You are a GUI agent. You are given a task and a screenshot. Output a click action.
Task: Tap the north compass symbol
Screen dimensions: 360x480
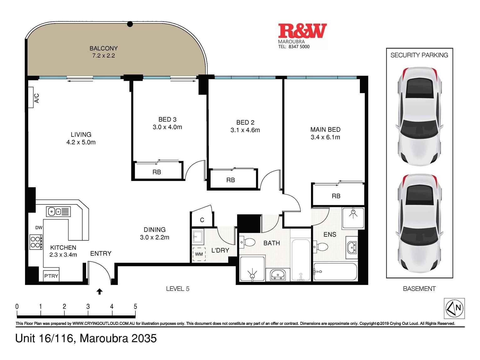click(x=454, y=308)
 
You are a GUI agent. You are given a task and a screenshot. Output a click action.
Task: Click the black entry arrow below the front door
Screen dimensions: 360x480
click(x=100, y=292)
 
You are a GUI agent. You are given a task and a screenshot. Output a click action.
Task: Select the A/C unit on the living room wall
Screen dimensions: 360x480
click(x=31, y=97)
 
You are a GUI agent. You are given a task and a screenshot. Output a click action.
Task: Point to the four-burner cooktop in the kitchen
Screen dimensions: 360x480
click(x=36, y=242)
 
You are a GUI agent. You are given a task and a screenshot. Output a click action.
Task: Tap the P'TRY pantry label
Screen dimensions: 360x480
click(x=51, y=276)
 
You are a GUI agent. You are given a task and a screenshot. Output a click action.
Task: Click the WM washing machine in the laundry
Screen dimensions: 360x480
click(x=199, y=254)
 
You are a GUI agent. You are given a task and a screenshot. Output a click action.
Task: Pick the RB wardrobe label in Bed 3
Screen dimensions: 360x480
click(x=156, y=172)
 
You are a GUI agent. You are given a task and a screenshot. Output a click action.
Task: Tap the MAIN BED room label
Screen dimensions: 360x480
click(x=325, y=130)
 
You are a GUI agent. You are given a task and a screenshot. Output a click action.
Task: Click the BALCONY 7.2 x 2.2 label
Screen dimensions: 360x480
click(x=104, y=52)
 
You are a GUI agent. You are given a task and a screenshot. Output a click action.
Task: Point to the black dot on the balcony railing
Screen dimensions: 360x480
click(x=130, y=24)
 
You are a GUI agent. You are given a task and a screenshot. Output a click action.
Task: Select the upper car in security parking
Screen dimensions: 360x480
click(x=419, y=116)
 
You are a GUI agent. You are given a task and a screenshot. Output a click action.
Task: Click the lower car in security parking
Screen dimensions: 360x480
click(x=419, y=223)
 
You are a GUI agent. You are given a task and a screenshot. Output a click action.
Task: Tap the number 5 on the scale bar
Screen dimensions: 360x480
click(x=135, y=307)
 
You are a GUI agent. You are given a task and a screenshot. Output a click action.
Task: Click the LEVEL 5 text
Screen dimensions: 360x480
click(x=177, y=289)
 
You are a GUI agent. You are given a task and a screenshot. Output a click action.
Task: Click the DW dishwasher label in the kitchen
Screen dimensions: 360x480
click(x=39, y=228)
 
